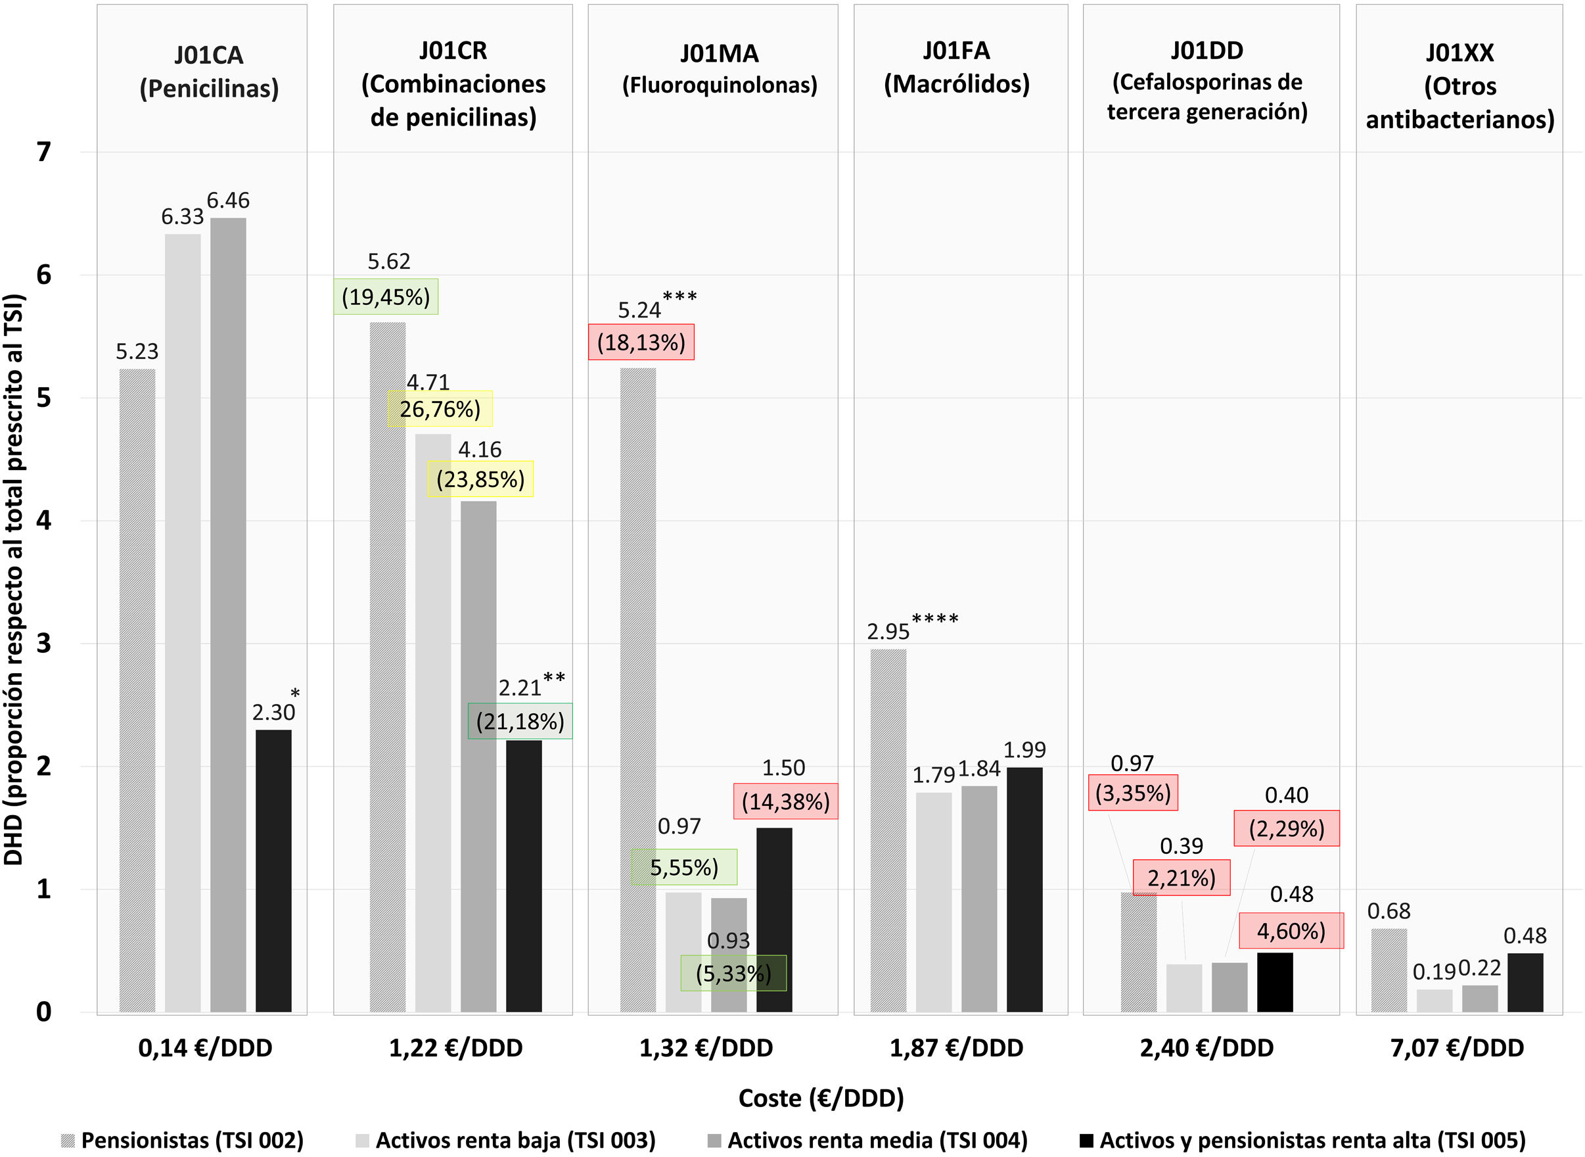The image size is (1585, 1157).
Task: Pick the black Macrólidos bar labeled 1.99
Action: click(1024, 889)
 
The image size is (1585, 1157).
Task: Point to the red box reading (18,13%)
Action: click(641, 342)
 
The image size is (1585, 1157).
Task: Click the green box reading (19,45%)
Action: click(386, 297)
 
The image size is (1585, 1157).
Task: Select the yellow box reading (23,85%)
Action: click(480, 480)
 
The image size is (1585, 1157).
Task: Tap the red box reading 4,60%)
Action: click(1291, 931)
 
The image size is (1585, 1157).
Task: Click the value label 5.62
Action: click(388, 262)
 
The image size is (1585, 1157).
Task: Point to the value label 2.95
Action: click(888, 632)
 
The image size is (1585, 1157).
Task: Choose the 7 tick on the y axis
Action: click(43, 152)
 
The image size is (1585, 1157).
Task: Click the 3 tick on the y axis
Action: click(43, 643)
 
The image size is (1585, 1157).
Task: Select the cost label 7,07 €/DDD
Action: click(1457, 1048)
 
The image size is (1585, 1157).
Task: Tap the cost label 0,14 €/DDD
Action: click(205, 1048)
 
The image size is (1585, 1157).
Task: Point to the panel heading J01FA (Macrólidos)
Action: click(956, 67)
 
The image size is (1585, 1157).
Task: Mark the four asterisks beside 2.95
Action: click(934, 619)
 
